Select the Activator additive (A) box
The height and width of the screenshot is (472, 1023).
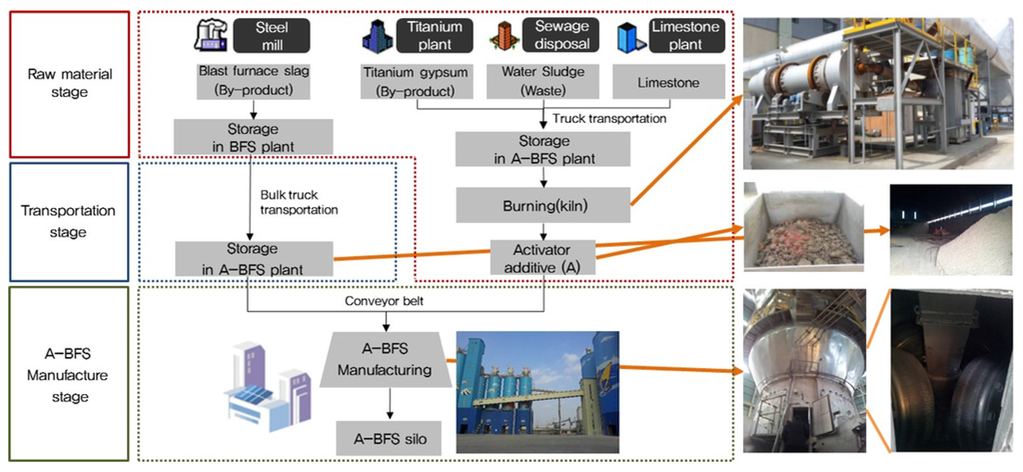point(542,257)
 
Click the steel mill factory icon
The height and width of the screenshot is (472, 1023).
point(209,38)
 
